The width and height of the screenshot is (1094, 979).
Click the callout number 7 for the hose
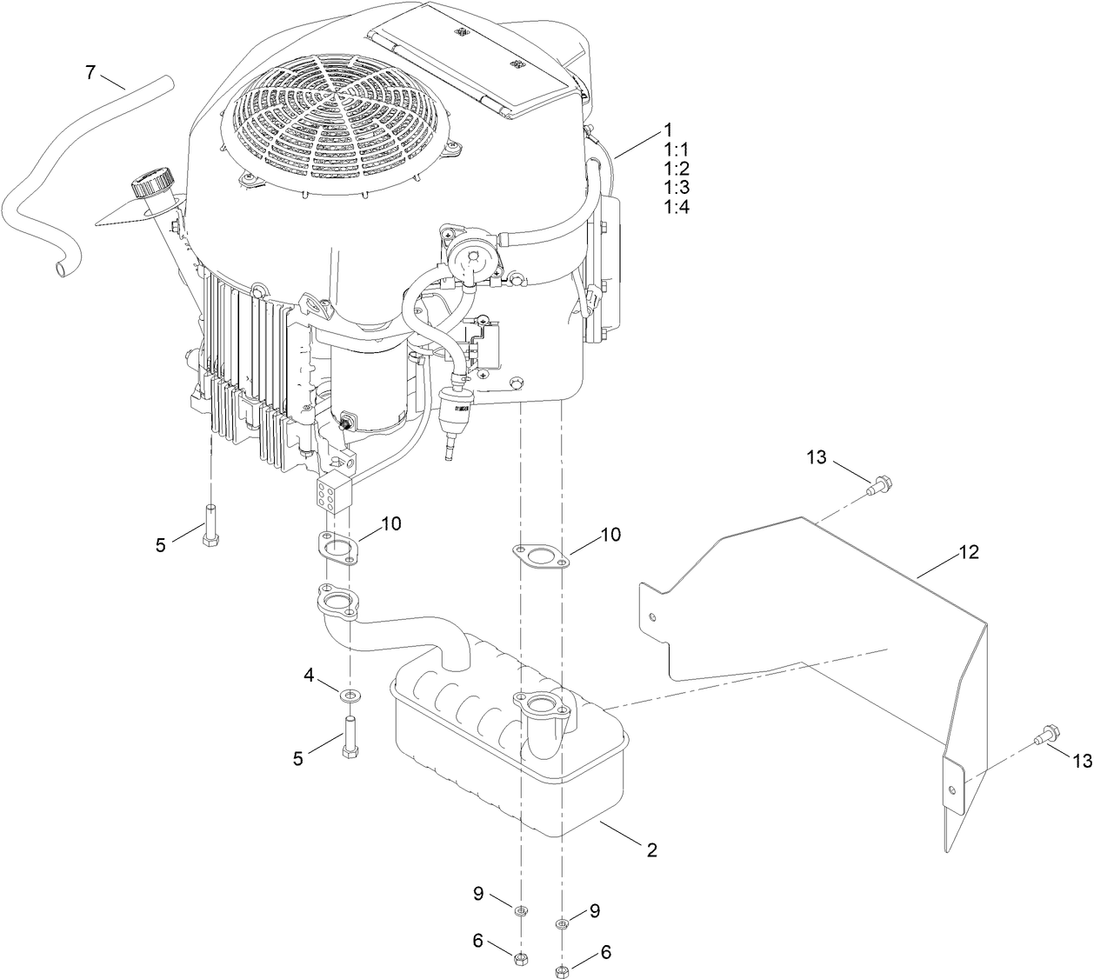90,72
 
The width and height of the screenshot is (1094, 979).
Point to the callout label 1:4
676,207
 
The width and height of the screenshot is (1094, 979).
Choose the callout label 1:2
676,168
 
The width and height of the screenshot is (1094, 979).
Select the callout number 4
309,674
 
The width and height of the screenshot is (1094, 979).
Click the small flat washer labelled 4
350,695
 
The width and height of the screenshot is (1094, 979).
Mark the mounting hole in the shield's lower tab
954,789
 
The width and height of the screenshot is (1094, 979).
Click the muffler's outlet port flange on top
539,703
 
